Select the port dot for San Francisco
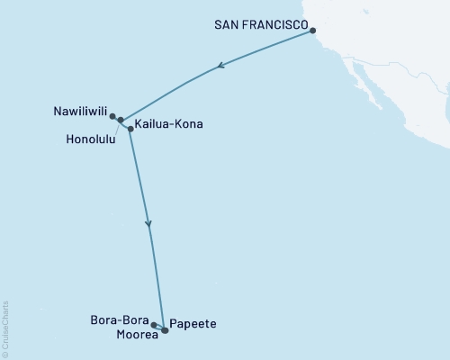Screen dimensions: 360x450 (x=313, y=31)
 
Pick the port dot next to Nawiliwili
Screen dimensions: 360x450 (x=112, y=116)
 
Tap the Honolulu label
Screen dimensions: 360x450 (x=90, y=139)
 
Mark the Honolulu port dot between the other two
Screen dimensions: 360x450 (x=121, y=120)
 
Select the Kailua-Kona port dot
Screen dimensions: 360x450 (x=130, y=130)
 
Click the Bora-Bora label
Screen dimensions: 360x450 (x=119, y=319)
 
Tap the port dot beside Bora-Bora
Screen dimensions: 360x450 (x=154, y=325)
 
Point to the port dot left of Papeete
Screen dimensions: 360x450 (x=166, y=330)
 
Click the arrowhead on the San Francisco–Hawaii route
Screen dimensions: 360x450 (x=220, y=66)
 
